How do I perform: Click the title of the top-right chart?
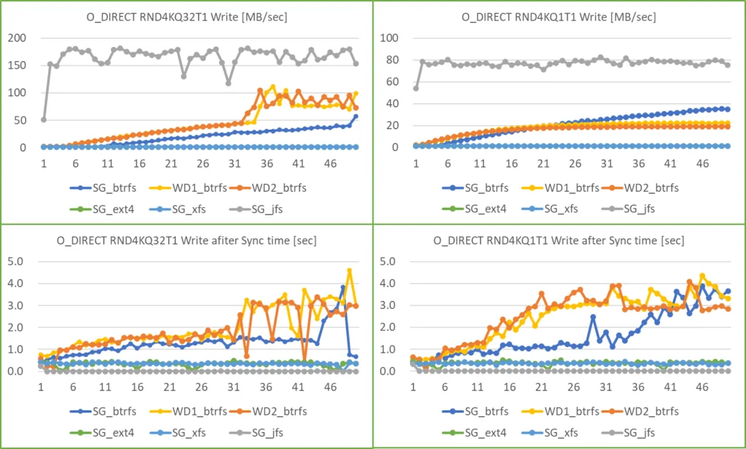coord(559,16)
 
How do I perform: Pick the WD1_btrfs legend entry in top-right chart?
coord(549,187)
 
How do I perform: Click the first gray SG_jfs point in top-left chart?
coord(43,120)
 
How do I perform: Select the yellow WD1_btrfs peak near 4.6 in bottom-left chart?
coord(350,270)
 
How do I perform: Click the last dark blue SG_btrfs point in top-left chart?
coord(356,117)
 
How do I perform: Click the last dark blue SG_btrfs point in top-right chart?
coord(727,109)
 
